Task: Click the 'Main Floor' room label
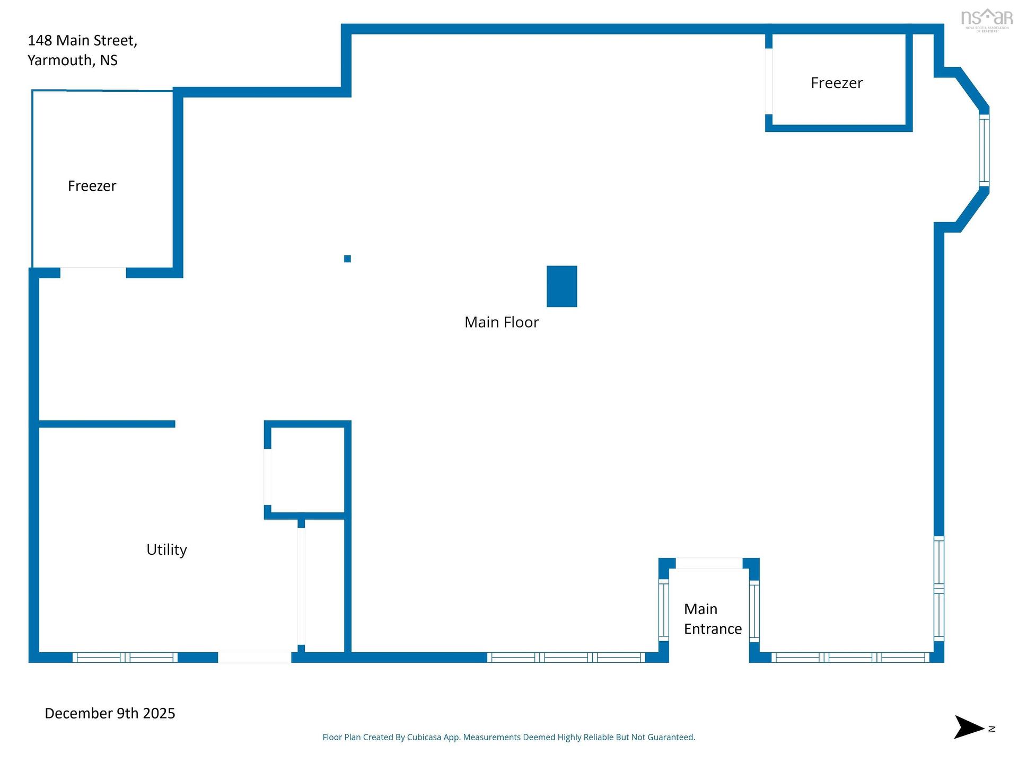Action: [502, 322]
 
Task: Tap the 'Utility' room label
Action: [166, 549]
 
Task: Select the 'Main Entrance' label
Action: [713, 619]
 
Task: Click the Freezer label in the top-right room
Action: [837, 83]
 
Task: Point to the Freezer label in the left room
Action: [92, 185]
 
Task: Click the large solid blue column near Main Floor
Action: [561, 286]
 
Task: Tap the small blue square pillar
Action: [347, 259]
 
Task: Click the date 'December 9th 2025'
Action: [110, 713]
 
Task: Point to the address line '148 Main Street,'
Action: [82, 41]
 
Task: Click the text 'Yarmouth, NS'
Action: [73, 60]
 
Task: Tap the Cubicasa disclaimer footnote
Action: [509, 737]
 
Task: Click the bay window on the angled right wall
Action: [984, 150]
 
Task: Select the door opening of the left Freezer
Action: [93, 272]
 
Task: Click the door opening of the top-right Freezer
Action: [769, 81]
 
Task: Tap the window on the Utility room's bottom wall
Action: [125, 658]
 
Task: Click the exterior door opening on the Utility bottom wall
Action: [254, 658]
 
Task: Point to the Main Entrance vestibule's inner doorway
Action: [709, 563]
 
